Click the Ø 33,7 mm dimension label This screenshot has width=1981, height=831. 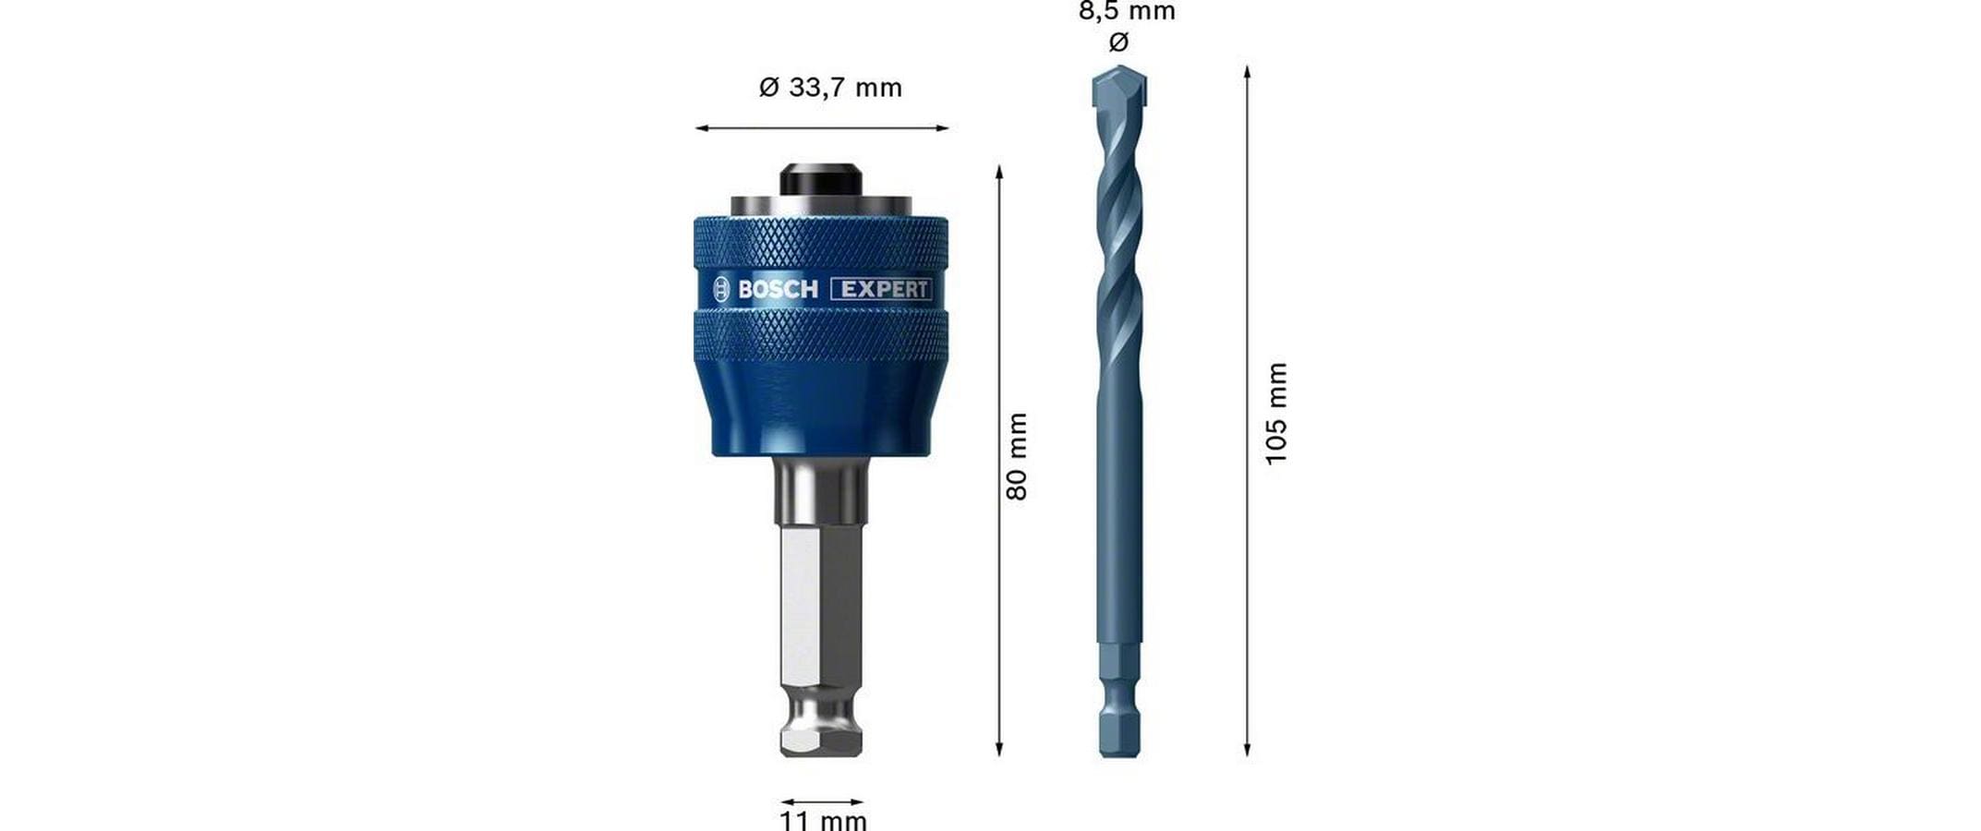(x=829, y=88)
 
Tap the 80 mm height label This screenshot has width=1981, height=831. (x=1017, y=456)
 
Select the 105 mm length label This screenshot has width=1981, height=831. (x=1275, y=413)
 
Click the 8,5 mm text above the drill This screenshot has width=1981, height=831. (x=1127, y=12)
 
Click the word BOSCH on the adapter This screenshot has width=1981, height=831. (x=778, y=290)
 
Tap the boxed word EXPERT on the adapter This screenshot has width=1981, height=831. (x=882, y=289)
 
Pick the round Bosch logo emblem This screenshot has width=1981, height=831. (x=721, y=290)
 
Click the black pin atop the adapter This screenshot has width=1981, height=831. (x=821, y=179)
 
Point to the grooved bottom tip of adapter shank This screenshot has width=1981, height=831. (x=821, y=729)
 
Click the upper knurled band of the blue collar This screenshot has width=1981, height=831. (x=821, y=245)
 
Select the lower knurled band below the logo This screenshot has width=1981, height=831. (x=821, y=334)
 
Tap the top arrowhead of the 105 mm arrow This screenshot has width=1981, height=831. (x=1247, y=71)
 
